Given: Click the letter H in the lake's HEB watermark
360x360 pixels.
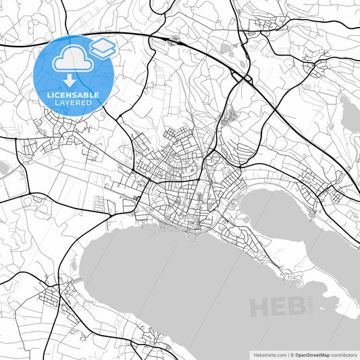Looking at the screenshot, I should (x=260, y=307).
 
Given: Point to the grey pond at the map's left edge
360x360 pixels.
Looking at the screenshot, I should (x=3, y=167).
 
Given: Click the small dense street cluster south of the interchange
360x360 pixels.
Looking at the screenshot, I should (x=229, y=117).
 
